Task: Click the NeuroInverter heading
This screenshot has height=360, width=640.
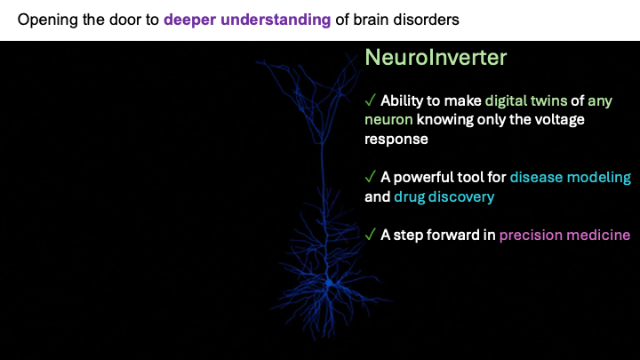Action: pos(436,59)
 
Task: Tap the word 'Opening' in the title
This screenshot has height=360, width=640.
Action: pos(45,19)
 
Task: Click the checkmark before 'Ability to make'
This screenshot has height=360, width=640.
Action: pos(370,100)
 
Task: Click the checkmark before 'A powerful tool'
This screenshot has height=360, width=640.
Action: pos(370,177)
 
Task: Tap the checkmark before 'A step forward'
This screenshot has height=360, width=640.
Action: pos(370,235)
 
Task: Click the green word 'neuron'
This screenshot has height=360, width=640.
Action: pos(388,120)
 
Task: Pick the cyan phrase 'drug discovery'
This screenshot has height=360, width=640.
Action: pos(444,196)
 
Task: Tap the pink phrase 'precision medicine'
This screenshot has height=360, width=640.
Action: pos(564,235)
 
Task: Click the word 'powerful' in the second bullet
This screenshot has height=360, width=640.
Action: pos(424,177)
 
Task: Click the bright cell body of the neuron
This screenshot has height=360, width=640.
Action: pos(329,283)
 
